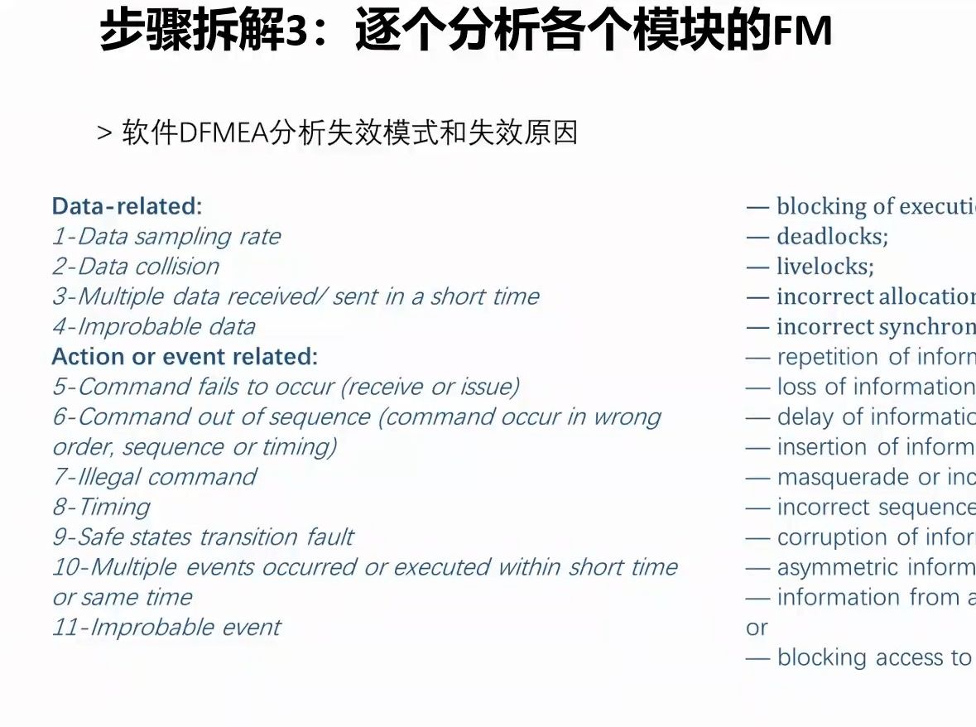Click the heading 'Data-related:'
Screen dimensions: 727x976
click(x=127, y=206)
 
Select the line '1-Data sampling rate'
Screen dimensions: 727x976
click(x=166, y=237)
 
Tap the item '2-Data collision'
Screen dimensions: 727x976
click(x=136, y=267)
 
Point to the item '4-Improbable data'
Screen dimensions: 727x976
click(x=154, y=327)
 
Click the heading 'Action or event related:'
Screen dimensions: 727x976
click(x=185, y=357)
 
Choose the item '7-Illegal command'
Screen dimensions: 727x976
click(x=155, y=478)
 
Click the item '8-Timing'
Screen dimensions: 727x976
click(x=101, y=508)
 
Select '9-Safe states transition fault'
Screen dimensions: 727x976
click(x=203, y=537)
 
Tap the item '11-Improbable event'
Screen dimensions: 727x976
click(x=166, y=628)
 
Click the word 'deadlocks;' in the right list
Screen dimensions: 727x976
click(x=832, y=237)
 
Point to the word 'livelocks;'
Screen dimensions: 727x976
click(x=825, y=267)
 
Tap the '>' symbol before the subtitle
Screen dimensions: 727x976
click(x=104, y=133)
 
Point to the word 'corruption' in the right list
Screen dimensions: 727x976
click(x=832, y=537)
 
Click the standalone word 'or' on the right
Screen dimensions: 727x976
click(x=757, y=628)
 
